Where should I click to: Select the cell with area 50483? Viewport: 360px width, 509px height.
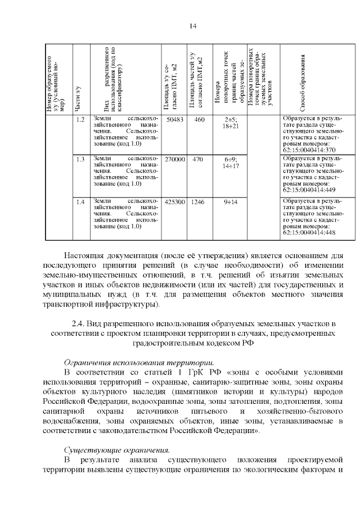[175, 119]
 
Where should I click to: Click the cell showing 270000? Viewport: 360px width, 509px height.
[175, 160]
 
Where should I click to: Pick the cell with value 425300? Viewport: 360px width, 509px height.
[175, 202]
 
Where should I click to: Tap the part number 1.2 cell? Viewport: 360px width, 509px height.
[80, 119]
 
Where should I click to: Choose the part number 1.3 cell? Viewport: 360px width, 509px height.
[80, 160]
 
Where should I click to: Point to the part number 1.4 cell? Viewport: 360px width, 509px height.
[80, 202]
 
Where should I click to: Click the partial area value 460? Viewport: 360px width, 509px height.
[199, 119]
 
